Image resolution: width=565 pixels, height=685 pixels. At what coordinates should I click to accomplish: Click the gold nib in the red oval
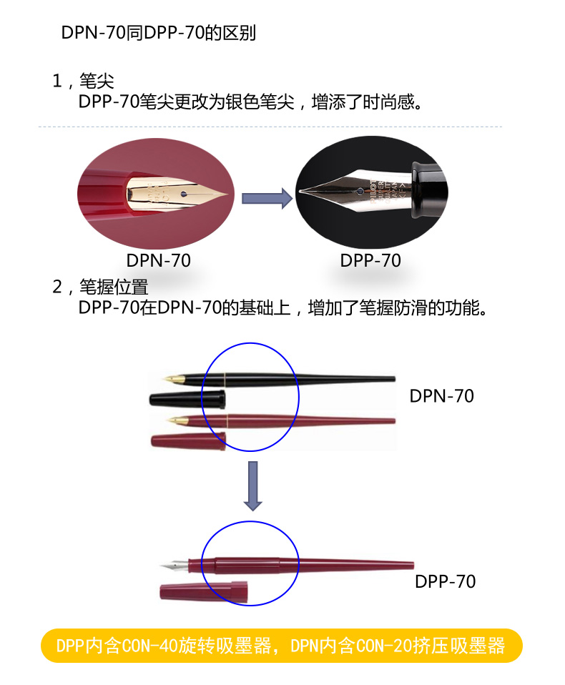[x=179, y=194]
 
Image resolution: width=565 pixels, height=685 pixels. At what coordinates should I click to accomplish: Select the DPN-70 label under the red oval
[x=159, y=261]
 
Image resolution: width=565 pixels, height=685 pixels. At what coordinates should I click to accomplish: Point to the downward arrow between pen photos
[x=251, y=486]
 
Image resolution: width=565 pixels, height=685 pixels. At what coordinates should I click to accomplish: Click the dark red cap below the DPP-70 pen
[x=203, y=591]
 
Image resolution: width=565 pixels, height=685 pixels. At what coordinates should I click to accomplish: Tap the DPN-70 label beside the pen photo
[x=441, y=396]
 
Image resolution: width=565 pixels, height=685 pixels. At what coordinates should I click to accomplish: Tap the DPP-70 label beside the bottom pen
[x=445, y=581]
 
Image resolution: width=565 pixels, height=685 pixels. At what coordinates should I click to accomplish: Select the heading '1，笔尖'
[x=82, y=81]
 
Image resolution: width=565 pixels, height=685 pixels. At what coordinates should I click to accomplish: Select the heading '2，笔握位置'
[x=99, y=287]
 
